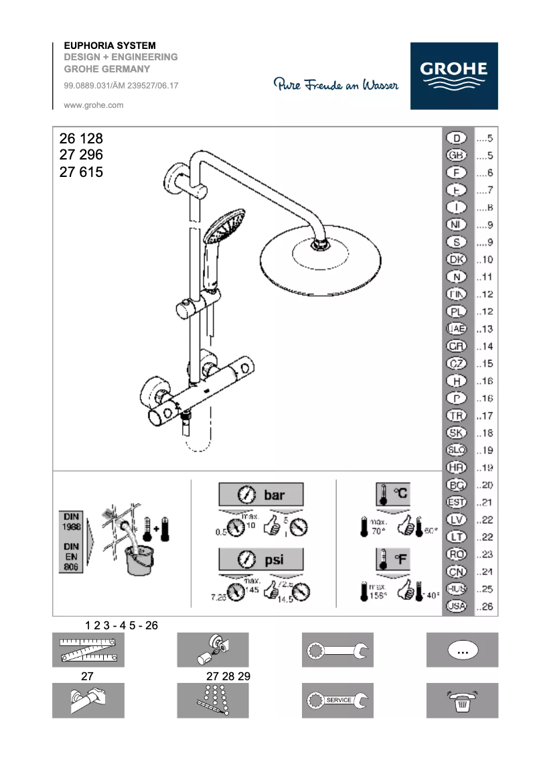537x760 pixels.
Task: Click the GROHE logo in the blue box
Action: pos(454,75)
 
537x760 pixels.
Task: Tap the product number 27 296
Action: pos(81,155)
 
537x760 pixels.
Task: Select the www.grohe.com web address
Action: pos(93,105)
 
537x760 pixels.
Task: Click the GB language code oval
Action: pos(456,155)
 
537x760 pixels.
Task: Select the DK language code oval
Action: pos(456,259)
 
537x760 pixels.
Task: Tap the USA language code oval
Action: pos(456,607)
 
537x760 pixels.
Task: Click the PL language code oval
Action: pos(456,312)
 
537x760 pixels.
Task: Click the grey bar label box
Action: pos(260,495)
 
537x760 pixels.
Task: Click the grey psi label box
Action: pos(260,559)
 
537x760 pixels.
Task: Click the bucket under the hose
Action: pos(139,560)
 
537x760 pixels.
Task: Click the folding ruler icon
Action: pos(88,649)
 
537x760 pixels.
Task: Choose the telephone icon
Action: pos(462,700)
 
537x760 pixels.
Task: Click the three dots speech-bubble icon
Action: pos(462,650)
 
